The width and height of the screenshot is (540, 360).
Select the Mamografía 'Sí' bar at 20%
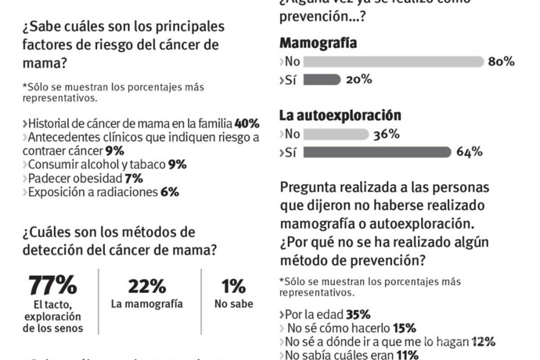click(322, 80)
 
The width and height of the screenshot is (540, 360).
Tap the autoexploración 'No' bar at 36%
click(336, 134)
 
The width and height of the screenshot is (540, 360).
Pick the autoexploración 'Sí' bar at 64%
click(377, 152)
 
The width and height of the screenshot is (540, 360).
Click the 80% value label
click(501, 62)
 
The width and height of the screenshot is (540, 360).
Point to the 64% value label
click(470, 152)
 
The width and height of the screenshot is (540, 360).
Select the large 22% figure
click(147, 286)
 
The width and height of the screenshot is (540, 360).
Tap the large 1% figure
click(234, 286)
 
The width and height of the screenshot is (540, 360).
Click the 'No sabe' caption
click(234, 304)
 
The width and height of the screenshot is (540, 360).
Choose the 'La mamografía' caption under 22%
click(147, 304)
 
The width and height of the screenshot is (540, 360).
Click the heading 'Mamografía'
click(318, 43)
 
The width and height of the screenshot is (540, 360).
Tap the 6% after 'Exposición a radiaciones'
click(170, 192)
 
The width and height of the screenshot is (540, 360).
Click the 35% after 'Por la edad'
click(358, 314)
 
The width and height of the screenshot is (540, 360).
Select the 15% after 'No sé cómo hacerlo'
click(404, 328)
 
